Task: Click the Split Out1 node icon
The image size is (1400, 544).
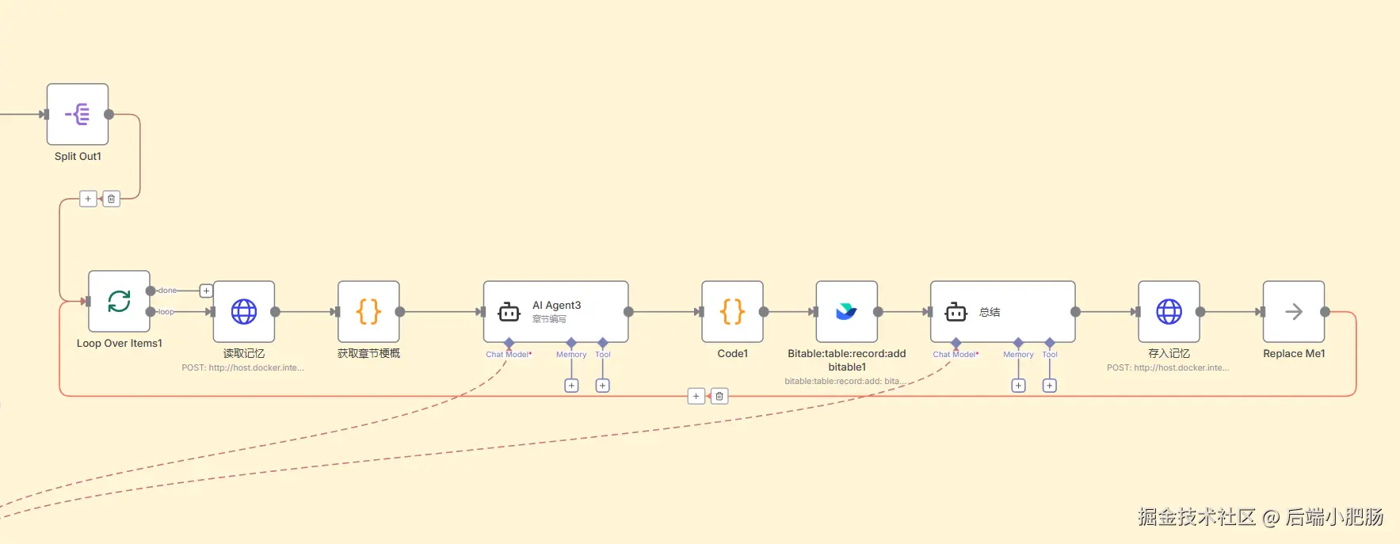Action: coord(78,114)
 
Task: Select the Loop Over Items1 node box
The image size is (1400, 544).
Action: coord(119,301)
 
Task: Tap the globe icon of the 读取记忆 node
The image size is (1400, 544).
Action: coord(244,312)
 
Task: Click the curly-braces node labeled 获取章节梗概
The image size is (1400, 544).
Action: coord(368,312)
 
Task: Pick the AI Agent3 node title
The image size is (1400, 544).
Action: coord(556,305)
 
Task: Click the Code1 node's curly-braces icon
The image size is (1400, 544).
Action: coord(733,312)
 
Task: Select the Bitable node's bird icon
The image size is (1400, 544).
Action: coord(846,312)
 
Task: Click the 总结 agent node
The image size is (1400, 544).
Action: coord(1002,312)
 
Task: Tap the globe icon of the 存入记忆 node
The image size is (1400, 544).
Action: coord(1169,312)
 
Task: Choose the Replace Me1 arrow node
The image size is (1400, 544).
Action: coord(1294,312)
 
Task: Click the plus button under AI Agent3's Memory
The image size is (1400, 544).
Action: coord(571,386)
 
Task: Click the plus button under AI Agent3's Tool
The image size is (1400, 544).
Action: coord(603,386)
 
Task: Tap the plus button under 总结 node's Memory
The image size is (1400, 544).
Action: coord(1019,386)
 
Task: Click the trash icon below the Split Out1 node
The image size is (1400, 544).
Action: coord(112,199)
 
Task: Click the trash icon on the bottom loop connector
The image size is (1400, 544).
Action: coord(719,396)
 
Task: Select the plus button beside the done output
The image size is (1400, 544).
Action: coord(206,291)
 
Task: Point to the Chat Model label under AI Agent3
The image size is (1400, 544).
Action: coord(508,354)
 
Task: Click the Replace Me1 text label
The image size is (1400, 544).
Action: coord(1294,353)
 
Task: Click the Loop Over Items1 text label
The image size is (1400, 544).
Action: coord(119,343)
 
